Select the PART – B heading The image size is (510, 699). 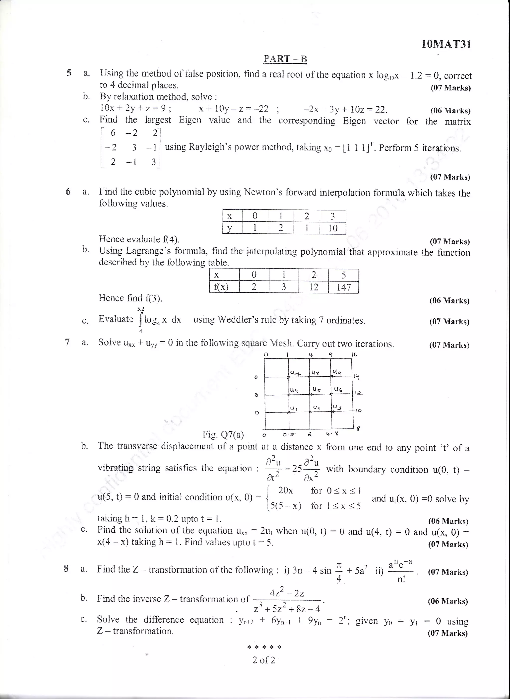point(285,59)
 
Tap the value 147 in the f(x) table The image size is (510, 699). point(344,287)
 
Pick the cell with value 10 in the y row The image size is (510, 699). point(332,228)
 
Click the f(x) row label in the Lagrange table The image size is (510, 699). point(221,287)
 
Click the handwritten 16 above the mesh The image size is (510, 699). point(354,355)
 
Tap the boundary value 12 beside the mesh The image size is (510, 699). point(358,393)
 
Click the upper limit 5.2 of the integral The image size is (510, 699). point(141,309)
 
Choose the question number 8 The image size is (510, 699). point(66,569)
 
